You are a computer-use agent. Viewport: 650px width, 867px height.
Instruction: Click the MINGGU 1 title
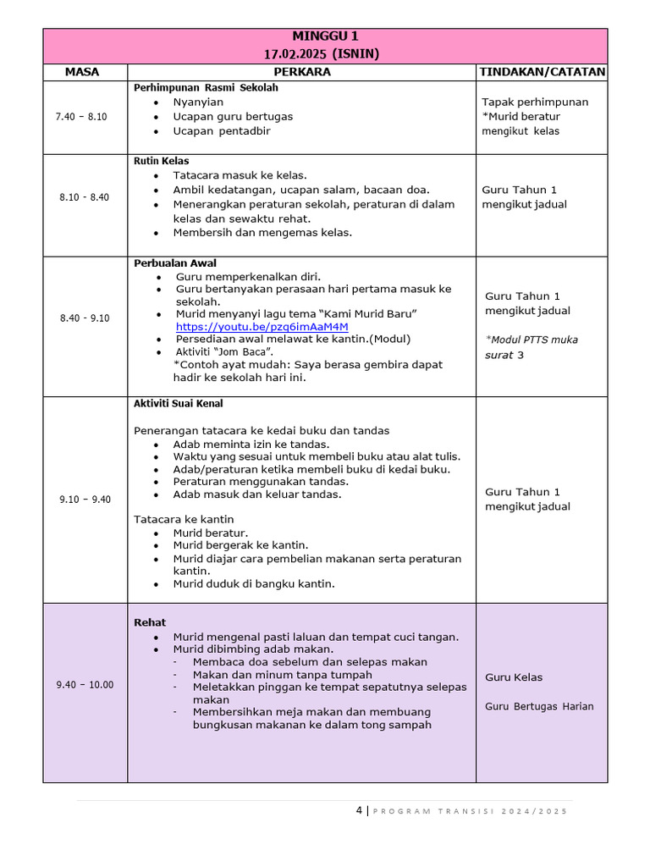click(x=325, y=36)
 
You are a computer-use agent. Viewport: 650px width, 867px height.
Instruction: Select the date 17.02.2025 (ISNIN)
click(x=325, y=53)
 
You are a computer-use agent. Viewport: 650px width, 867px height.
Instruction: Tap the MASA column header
click(x=82, y=72)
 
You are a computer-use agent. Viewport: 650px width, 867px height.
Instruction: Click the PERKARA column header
click(x=302, y=72)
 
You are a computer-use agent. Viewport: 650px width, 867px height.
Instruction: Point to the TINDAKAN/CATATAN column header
click(x=542, y=72)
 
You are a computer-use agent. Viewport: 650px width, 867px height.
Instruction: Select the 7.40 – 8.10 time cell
click(x=83, y=116)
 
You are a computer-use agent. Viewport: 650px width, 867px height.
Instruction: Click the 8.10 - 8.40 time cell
click(x=84, y=197)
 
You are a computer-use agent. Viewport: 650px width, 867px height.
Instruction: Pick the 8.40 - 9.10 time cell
click(x=84, y=318)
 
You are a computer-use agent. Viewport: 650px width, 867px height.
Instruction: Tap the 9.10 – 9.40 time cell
click(x=85, y=500)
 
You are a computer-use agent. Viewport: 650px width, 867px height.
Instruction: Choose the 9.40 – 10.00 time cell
click(x=85, y=685)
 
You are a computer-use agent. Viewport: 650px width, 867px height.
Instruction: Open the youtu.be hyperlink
click(x=262, y=327)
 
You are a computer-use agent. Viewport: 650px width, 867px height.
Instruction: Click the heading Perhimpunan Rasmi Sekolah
click(x=206, y=87)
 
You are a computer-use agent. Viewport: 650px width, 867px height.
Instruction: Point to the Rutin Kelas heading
click(x=161, y=161)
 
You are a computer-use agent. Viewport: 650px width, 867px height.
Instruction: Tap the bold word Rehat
click(x=150, y=622)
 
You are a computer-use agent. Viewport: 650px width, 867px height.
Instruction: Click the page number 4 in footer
click(x=359, y=810)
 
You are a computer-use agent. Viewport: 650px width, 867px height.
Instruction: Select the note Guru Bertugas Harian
click(x=539, y=706)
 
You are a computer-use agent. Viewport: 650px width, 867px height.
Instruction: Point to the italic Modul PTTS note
click(x=532, y=347)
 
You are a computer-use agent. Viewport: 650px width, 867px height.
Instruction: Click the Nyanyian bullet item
click(x=198, y=102)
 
